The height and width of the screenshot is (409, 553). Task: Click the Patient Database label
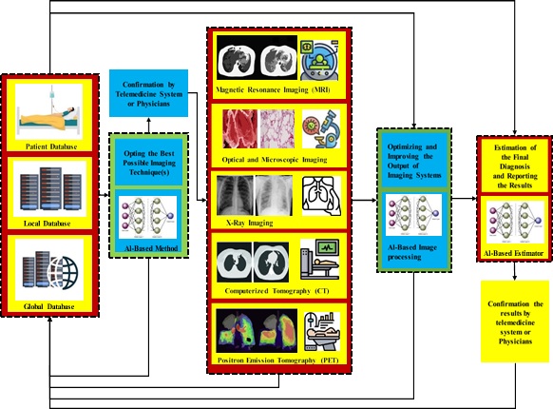pyautogui.click(x=51, y=146)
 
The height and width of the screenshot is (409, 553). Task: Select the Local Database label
pyautogui.click(x=47, y=224)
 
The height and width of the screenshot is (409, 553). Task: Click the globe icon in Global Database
pyautogui.click(x=64, y=272)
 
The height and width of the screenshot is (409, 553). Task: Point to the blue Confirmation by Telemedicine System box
pyautogui.click(x=148, y=93)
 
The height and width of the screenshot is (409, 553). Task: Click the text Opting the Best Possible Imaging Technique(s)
pyautogui.click(x=149, y=163)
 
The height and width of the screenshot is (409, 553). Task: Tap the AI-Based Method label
pyautogui.click(x=151, y=248)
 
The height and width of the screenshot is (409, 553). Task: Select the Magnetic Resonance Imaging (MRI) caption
pyautogui.click(x=273, y=89)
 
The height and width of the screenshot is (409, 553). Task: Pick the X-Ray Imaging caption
pyautogui.click(x=249, y=223)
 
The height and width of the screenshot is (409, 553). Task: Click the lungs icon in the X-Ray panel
pyautogui.click(x=321, y=196)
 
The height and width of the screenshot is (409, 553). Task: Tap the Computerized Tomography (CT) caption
pyautogui.click(x=276, y=291)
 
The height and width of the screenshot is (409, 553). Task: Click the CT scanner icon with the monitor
pyautogui.click(x=320, y=260)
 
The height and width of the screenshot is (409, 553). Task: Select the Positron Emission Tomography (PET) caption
pyautogui.click(x=277, y=360)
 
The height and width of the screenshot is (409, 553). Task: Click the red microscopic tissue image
pyautogui.click(x=239, y=128)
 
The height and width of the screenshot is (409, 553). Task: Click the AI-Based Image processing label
pyautogui.click(x=412, y=252)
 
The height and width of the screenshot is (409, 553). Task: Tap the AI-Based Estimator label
pyautogui.click(x=513, y=253)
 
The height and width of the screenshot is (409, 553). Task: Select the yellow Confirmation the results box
pyautogui.click(x=515, y=321)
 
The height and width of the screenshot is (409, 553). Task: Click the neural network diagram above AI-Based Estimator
pyautogui.click(x=515, y=223)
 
